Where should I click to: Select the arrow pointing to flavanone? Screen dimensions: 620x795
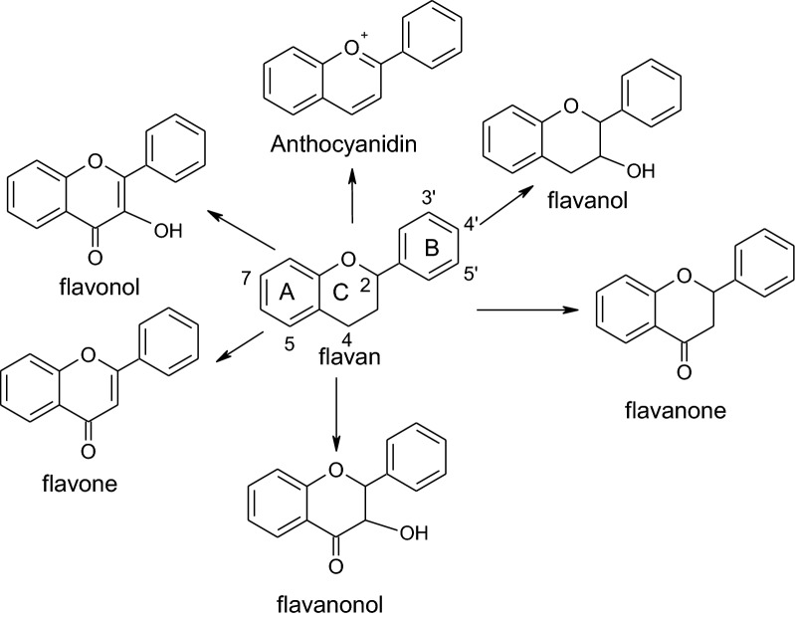tap(527, 311)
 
